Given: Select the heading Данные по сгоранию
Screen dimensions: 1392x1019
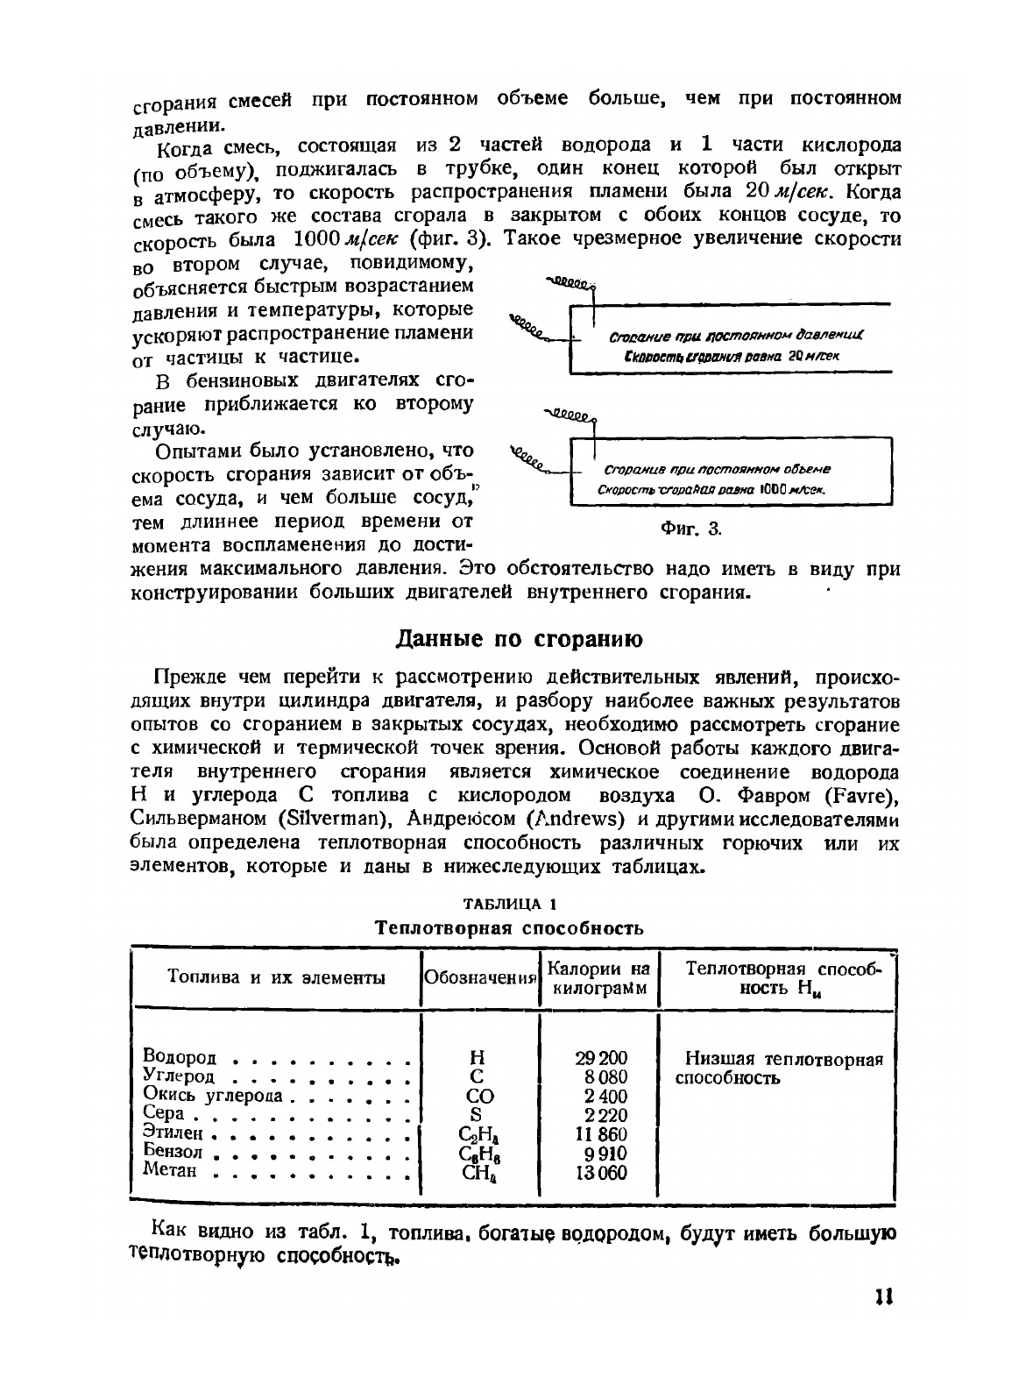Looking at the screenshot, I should [520, 640].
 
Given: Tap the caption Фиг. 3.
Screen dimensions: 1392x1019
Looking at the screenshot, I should [690, 529].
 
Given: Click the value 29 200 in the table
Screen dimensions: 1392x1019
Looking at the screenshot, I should [601, 1058].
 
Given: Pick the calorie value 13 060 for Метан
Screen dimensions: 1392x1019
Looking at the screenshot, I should [601, 1172].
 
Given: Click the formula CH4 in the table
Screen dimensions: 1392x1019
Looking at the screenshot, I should [478, 1173].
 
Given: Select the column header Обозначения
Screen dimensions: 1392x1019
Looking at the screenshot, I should [479, 978].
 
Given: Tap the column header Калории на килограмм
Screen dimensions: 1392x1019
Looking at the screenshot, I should [598, 978].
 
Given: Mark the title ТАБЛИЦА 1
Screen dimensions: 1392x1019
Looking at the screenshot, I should [509, 904].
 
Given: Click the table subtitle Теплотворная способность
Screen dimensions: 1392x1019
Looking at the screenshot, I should [509, 927].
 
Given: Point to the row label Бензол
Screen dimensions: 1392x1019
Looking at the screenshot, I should [173, 1152].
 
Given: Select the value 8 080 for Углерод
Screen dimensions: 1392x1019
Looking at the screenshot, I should [605, 1077].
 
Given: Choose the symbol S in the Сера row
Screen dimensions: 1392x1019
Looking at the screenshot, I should [477, 1115].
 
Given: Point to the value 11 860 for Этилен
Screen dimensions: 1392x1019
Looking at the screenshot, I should [601, 1133].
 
